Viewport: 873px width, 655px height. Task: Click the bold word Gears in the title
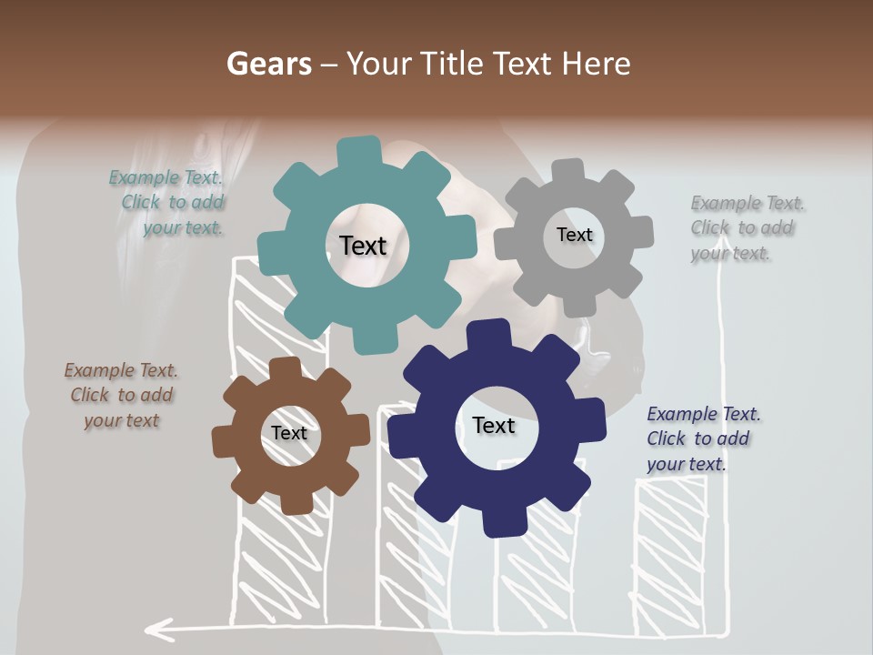tap(267, 64)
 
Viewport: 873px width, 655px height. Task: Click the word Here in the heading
tap(596, 64)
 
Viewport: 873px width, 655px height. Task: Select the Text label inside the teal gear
tap(363, 246)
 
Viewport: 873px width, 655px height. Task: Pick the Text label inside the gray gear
tap(574, 235)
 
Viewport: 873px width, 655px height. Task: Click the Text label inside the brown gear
tap(289, 433)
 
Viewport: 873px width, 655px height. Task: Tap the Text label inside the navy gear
tap(494, 426)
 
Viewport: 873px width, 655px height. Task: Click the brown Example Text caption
tap(122, 396)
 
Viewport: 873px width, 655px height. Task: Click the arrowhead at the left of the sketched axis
tap(159, 628)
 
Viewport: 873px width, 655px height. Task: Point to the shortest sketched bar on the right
tap(671, 555)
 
